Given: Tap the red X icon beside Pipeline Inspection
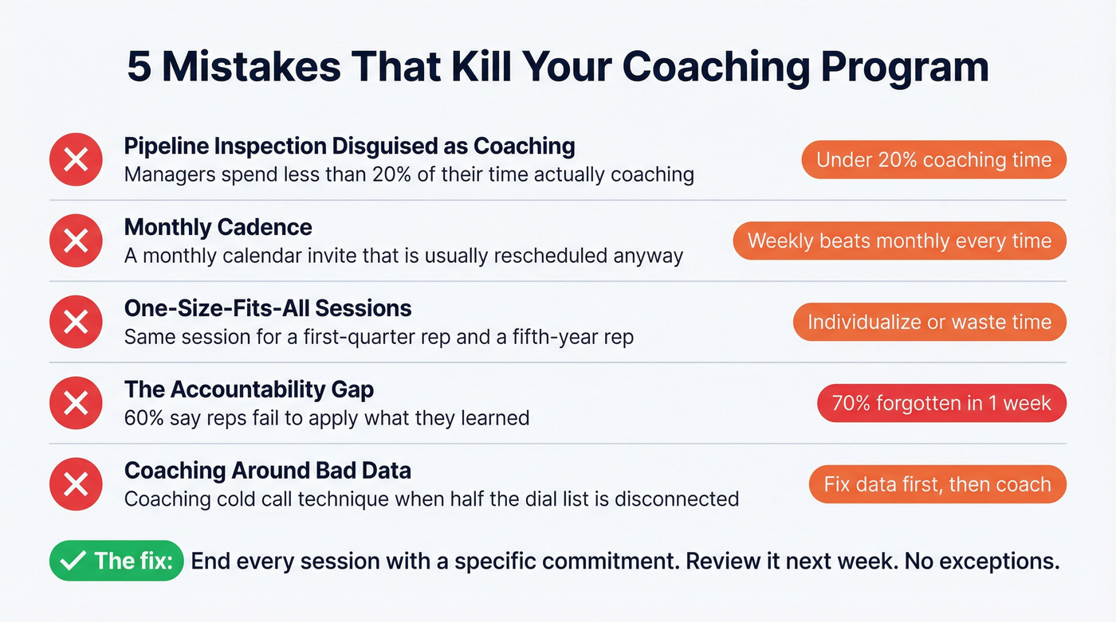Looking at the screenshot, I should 76,160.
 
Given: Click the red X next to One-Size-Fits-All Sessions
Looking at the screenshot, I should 76,322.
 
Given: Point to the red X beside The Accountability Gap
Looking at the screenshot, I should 76,403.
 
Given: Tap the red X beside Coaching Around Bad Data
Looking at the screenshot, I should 76,484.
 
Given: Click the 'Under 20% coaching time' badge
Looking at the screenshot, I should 933,160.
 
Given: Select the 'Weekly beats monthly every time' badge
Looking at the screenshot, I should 899,241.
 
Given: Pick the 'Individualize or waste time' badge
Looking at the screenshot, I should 929,322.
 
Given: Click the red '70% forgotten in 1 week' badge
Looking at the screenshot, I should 941,403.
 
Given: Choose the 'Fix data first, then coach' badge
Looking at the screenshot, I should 937,484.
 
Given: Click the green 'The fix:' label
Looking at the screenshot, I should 116,560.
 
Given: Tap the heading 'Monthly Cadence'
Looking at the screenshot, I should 218,227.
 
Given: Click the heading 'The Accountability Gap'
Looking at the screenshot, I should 249,389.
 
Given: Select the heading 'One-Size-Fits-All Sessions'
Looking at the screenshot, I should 268,308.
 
